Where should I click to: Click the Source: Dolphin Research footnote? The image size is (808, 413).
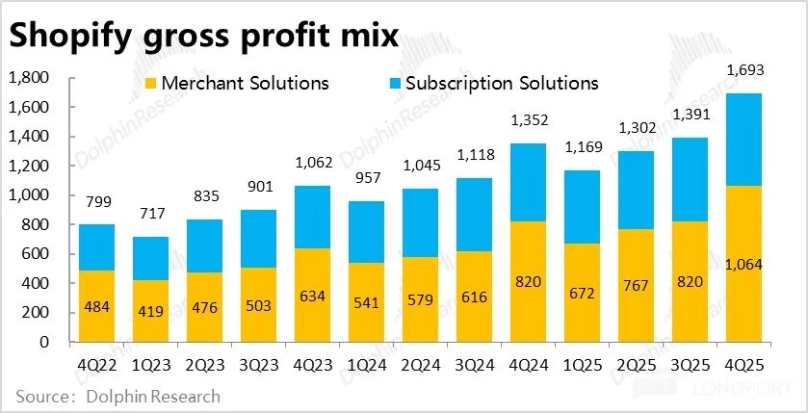[117, 397]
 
